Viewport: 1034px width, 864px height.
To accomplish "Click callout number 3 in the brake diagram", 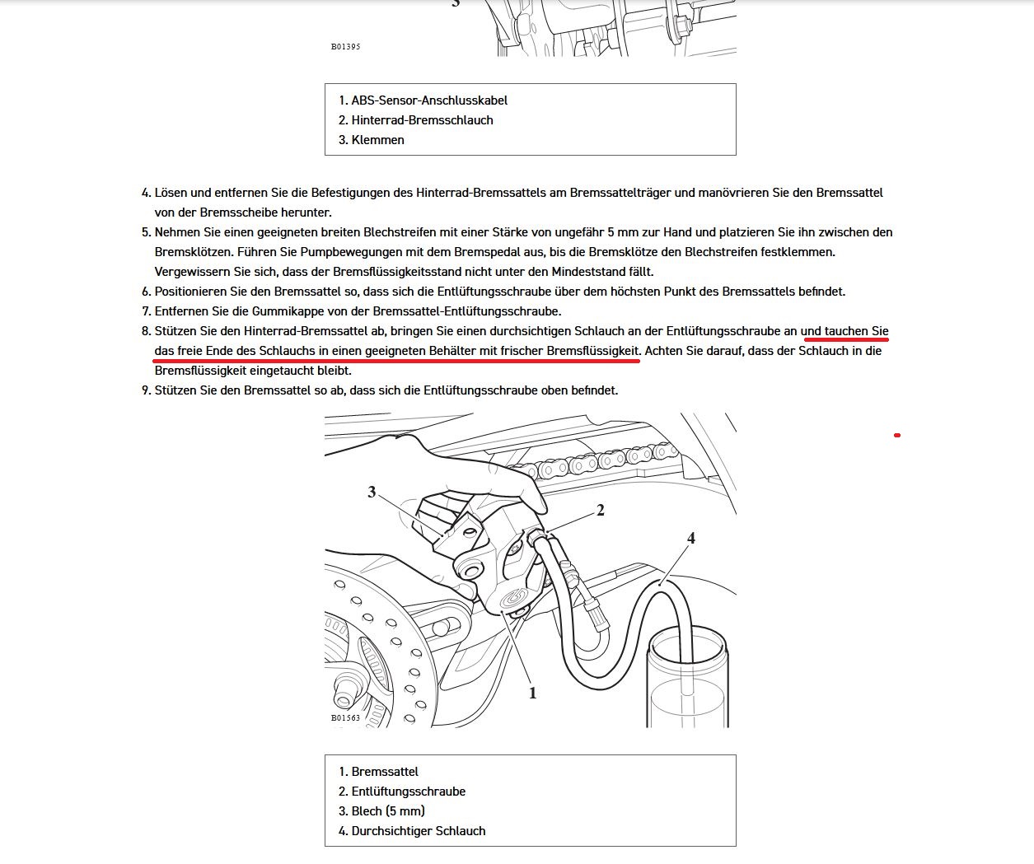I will click(372, 492).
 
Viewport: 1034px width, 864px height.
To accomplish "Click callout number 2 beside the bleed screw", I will click(601, 511).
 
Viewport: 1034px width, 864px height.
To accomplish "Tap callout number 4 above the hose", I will click(691, 538).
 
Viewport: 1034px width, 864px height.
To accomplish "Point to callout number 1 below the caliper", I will click(532, 693).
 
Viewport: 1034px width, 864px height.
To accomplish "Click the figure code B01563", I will click(345, 718).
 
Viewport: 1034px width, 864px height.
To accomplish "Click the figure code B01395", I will click(345, 47).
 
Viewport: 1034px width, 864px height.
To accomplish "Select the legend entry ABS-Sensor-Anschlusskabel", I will click(428, 100).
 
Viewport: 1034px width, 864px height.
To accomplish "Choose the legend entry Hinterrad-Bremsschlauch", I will click(422, 120).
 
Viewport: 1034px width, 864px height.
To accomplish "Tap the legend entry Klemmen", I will click(377, 140).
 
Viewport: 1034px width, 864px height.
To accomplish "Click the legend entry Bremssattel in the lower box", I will click(384, 772).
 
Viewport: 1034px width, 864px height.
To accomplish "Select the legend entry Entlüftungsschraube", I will click(408, 792).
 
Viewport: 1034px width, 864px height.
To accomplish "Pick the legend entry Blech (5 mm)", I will click(388, 811).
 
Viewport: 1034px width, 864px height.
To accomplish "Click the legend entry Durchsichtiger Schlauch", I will click(418, 831).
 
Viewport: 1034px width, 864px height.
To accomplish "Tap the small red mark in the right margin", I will click(897, 435).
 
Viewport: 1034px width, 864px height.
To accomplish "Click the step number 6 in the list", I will click(146, 292).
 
